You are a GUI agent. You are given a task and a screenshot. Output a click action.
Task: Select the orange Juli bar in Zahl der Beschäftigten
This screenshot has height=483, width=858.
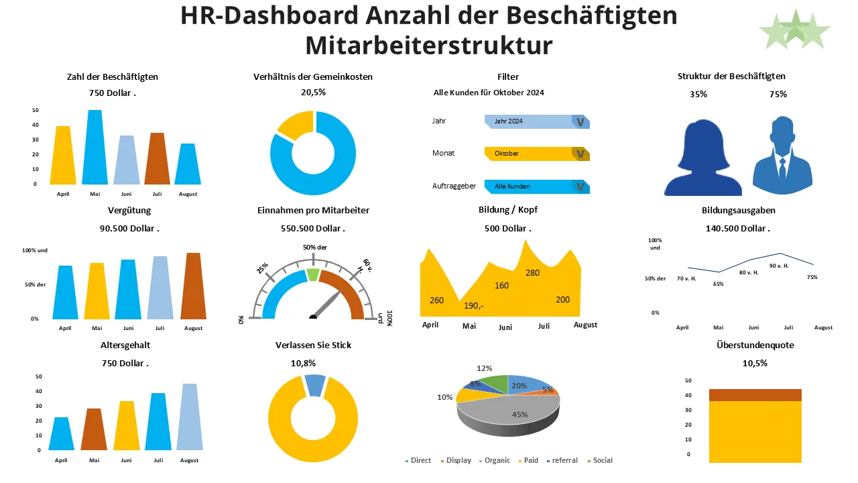157,159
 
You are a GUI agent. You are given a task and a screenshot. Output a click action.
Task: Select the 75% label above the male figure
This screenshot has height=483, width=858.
778,95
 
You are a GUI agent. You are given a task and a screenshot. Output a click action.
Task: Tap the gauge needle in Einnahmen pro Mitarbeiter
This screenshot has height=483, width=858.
328,303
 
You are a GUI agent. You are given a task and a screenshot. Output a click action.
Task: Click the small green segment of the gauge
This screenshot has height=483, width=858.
313,274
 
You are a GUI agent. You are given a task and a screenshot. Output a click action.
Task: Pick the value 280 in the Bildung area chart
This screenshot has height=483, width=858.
532,273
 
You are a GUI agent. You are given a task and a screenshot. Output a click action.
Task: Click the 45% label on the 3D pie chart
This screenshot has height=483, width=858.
519,415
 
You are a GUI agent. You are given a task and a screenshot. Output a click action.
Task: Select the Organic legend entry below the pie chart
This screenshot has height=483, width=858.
493,461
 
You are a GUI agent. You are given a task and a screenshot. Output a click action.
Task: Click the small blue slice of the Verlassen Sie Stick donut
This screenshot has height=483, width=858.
314,385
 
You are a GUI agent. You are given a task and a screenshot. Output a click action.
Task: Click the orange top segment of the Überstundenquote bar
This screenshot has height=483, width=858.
755,395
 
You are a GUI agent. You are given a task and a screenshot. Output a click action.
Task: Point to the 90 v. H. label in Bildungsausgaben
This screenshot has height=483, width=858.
778,266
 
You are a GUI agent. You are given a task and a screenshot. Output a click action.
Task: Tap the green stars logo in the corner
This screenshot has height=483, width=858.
794,30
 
